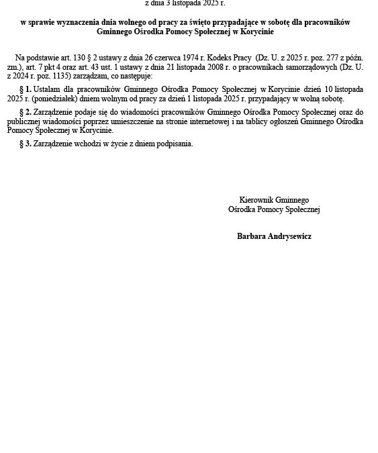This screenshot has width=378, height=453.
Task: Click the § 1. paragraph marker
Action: click(x=26, y=89)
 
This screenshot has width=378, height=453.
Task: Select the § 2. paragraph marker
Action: click(x=26, y=111)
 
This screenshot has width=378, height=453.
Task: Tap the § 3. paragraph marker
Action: click(x=26, y=144)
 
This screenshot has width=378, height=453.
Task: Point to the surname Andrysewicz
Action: click(x=290, y=236)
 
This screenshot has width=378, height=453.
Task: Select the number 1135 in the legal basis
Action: click(x=65, y=77)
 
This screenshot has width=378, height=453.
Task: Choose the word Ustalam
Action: click(x=48, y=89)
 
